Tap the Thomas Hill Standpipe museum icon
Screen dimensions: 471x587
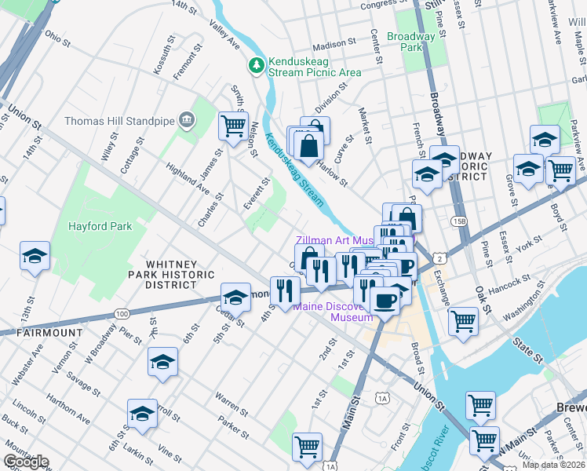(x=187, y=121)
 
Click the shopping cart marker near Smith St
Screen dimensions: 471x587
(x=233, y=126)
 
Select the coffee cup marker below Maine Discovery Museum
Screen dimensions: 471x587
(x=384, y=300)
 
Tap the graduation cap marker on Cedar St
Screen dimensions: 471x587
(x=235, y=297)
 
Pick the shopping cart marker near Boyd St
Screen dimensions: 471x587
(x=560, y=169)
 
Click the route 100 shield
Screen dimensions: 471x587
(x=121, y=313)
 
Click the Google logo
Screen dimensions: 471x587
(x=26, y=462)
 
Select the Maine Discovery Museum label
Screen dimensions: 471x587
(x=334, y=312)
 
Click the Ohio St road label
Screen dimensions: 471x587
(x=57, y=36)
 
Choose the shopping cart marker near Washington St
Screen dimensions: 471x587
(x=463, y=319)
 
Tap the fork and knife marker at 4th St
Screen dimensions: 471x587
(x=285, y=290)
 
